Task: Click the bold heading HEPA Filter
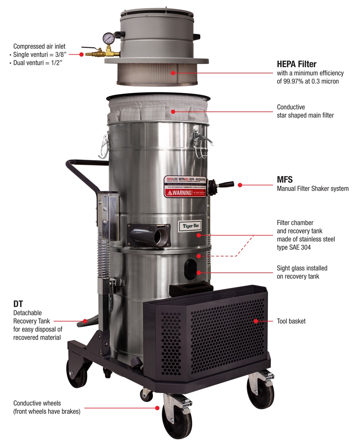pyautogui.click(x=297, y=64)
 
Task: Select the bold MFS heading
pyautogui.click(x=284, y=179)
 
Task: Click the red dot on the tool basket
pyautogui.click(x=256, y=321)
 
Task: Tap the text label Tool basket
pyautogui.click(x=291, y=321)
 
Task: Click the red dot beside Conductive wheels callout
pyautogui.click(x=158, y=408)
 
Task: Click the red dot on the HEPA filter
pyautogui.click(x=173, y=72)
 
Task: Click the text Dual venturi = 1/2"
pyautogui.click(x=39, y=63)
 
